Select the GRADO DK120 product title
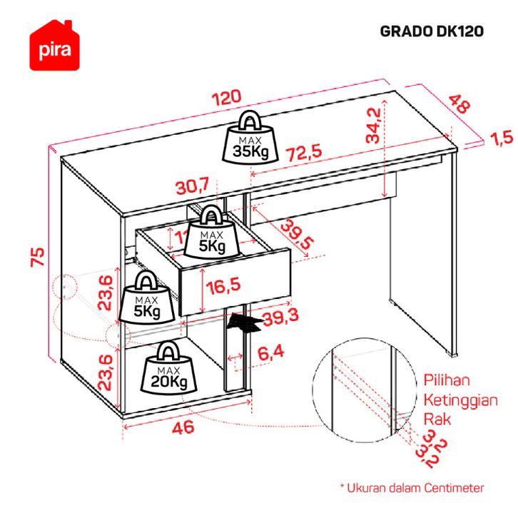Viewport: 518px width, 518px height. tap(432, 31)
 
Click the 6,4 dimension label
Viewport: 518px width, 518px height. tap(272, 352)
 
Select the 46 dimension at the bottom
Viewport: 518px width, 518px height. tap(184, 429)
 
